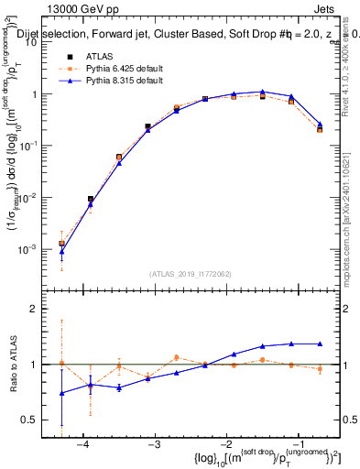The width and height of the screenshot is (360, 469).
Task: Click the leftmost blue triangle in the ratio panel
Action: coord(61,393)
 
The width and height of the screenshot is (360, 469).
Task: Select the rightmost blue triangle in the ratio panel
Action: coord(320,344)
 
